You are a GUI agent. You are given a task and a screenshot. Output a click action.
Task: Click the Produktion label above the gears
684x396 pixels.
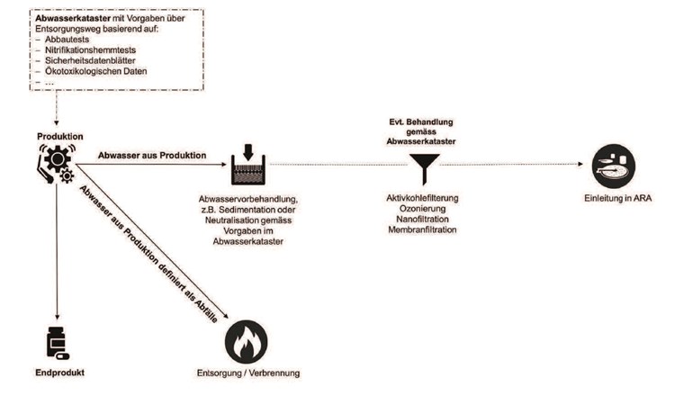[x=59, y=136]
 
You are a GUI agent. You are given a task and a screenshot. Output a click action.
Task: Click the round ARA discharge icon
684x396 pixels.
[x=614, y=166]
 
